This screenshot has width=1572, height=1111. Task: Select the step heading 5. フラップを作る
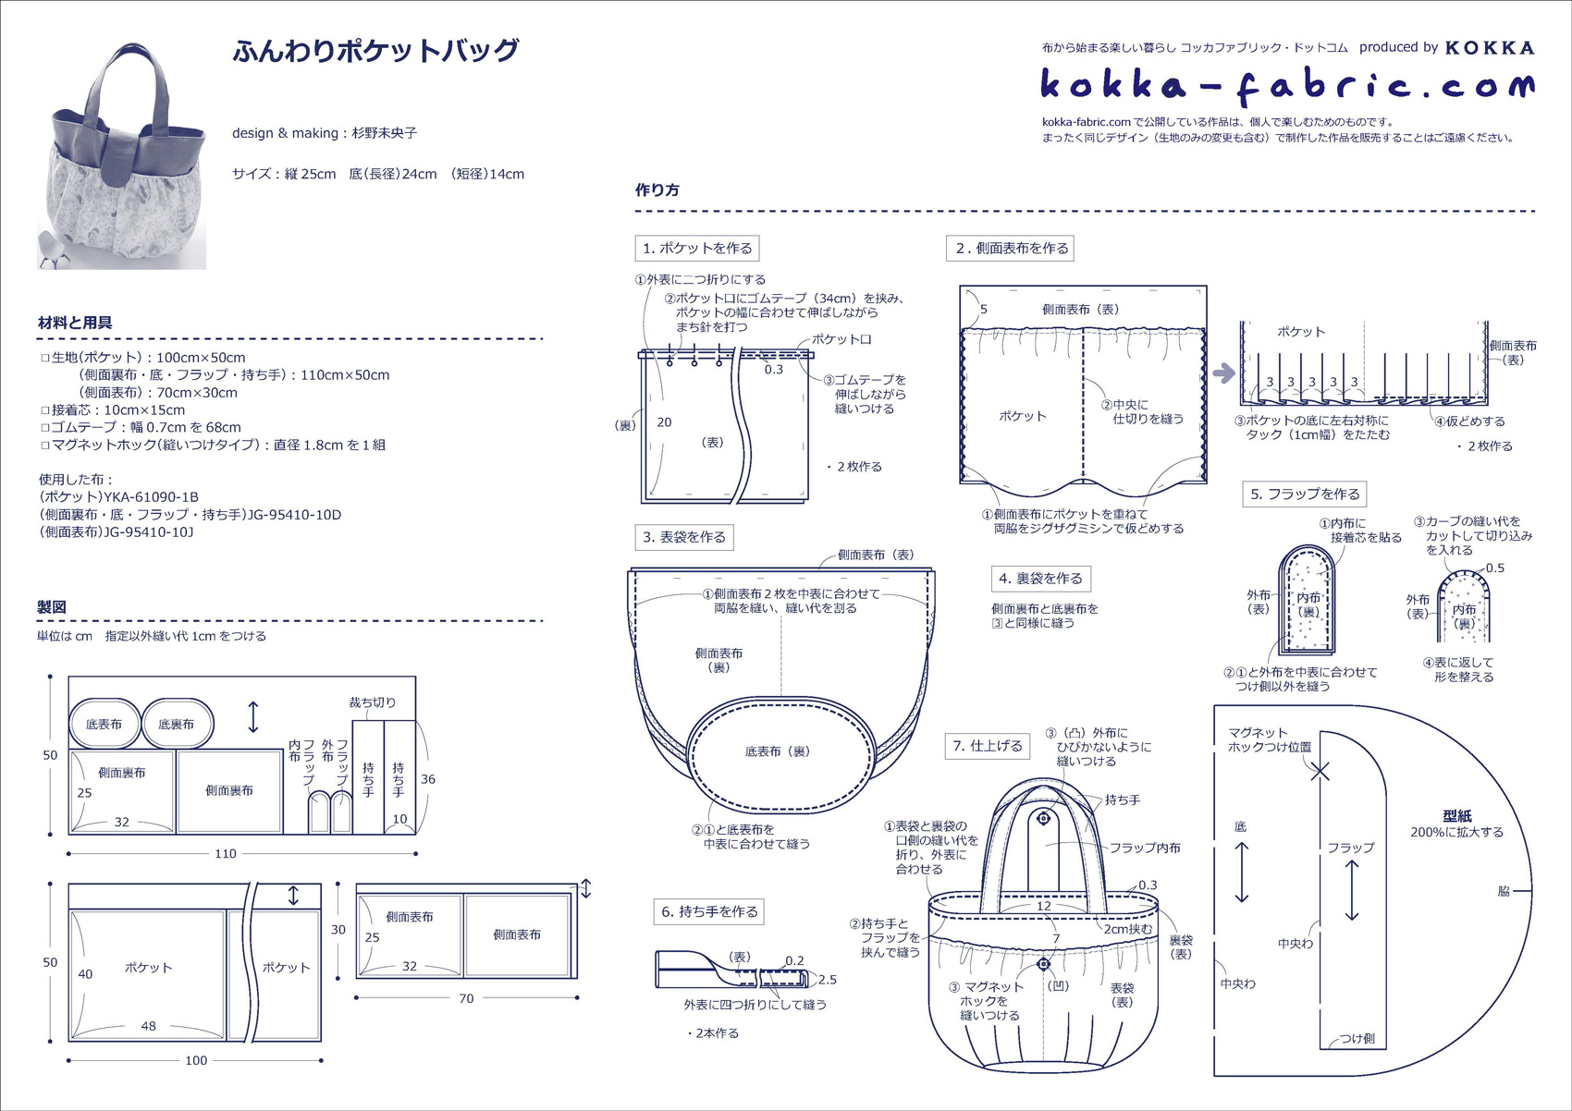[x=1305, y=494]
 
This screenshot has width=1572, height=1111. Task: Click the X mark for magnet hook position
[x=1320, y=771]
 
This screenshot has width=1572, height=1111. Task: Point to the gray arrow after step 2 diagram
[x=1223, y=373]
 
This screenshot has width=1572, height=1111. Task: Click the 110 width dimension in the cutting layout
[x=226, y=853]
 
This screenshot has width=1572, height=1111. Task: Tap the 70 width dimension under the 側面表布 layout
[x=466, y=998]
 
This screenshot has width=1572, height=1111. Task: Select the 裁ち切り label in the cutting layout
[x=372, y=702]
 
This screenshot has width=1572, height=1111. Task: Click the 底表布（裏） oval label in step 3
[x=778, y=751]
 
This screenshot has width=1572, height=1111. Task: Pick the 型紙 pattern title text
[x=1456, y=816]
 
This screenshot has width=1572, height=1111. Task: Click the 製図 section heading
[x=52, y=607]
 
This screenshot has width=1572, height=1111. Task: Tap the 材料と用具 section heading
[x=75, y=323]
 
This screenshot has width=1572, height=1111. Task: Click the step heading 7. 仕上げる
[x=989, y=746]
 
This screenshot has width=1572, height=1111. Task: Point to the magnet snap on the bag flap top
[x=1044, y=818]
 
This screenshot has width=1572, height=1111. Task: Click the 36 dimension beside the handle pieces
[x=428, y=779]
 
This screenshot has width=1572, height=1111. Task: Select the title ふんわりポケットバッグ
[x=375, y=51]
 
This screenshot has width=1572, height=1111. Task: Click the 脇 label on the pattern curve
[x=1504, y=891]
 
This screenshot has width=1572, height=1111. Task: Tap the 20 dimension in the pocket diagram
[x=664, y=422]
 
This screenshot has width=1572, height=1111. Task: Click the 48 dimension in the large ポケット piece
[x=148, y=1026]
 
